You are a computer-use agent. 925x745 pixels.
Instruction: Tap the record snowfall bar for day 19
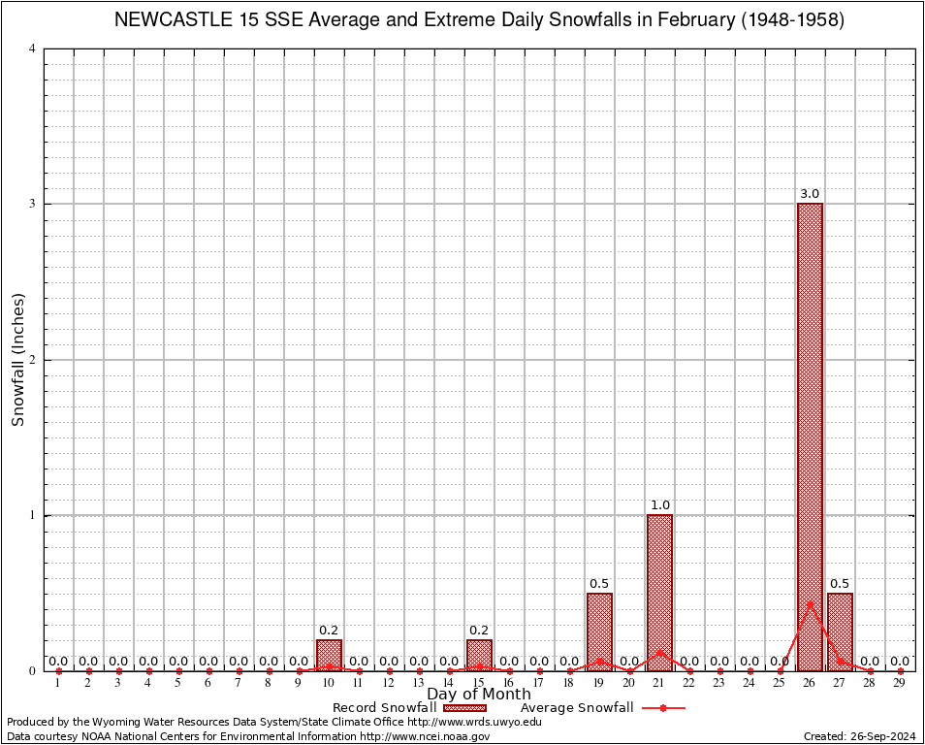pos(599,631)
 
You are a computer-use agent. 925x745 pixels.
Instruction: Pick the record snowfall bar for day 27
pos(840,631)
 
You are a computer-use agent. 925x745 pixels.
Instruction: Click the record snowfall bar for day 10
pos(329,655)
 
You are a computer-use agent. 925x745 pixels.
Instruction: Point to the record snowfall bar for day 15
pos(479,655)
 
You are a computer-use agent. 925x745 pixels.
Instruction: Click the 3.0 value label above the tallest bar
pos(810,194)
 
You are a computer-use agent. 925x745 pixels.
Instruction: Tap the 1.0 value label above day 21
pos(659,505)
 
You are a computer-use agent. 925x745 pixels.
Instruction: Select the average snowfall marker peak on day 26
pos(810,604)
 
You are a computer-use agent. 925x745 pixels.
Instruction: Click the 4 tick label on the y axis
pos(33,49)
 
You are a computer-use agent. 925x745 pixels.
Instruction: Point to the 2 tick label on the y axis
pos(33,360)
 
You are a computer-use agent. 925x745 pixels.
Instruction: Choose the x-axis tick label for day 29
pos(900,683)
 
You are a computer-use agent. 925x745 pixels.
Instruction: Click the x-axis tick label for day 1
pos(58,683)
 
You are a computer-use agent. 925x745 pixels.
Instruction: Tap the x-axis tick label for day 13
pos(419,683)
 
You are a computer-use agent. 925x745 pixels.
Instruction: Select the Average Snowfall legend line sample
pos(661,708)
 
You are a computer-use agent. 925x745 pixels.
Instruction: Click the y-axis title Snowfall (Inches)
pos(17,359)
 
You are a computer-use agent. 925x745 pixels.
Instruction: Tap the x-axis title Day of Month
pos(478,695)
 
